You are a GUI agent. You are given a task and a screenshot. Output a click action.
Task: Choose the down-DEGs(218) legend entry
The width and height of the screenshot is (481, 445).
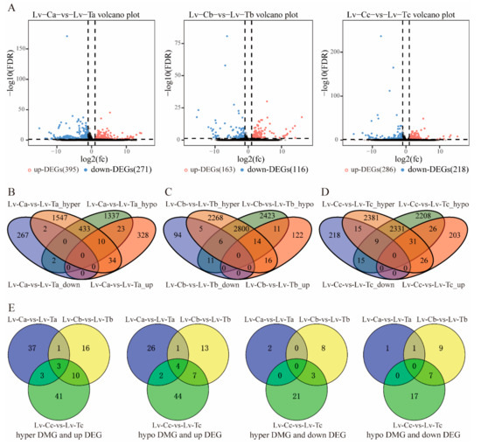425,165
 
